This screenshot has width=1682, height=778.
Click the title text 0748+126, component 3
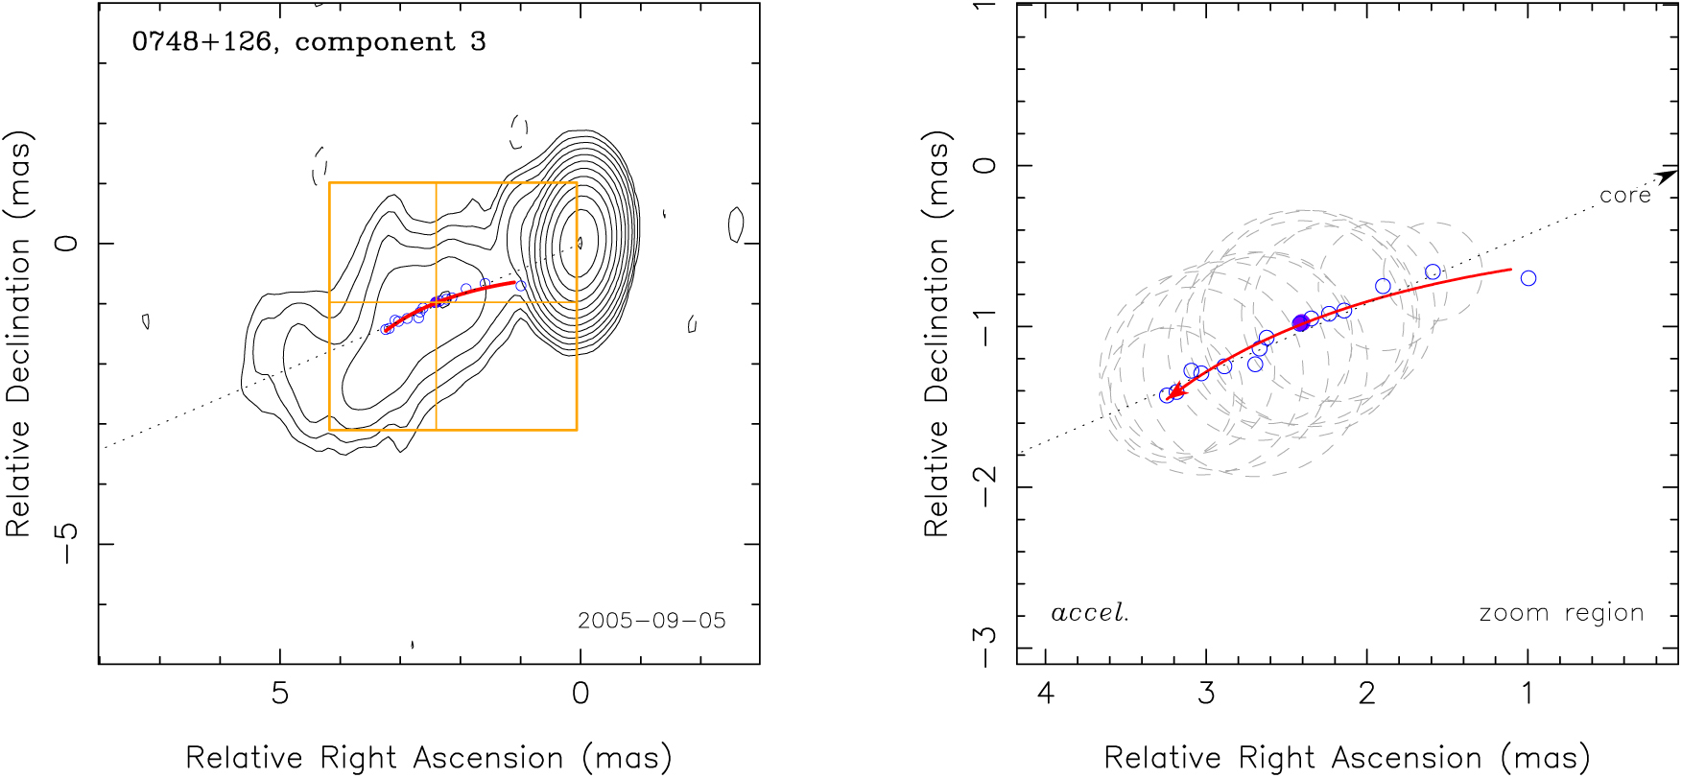coord(308,42)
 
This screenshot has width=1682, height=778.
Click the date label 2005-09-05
coord(651,621)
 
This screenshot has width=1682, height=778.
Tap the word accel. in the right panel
coord(1089,613)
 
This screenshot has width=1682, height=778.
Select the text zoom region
coord(1561,613)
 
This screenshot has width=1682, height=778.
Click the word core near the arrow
coord(1624,196)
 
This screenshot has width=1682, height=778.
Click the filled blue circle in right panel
coord(1301,323)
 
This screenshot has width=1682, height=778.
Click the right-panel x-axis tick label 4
coord(1045,693)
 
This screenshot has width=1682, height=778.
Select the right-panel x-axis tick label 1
coord(1528,693)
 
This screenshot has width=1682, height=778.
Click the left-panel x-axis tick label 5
coord(279,693)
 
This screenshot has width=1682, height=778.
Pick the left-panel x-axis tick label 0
coord(580,693)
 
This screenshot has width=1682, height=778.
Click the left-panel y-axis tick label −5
coord(67,544)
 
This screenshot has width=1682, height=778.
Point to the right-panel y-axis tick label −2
coord(984,486)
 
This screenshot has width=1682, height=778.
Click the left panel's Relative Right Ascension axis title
coord(428,758)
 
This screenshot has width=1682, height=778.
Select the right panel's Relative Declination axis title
coord(936,334)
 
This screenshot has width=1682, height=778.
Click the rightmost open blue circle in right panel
coord(1528,278)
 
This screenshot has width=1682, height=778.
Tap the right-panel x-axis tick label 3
coord(1206,693)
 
